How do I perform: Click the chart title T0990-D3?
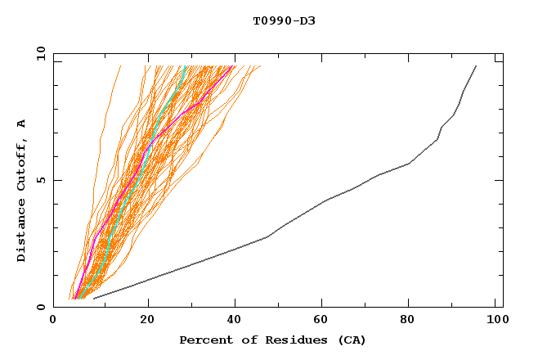tap(284, 20)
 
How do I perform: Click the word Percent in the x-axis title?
tap(204, 340)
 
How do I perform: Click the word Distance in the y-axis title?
tap(21, 230)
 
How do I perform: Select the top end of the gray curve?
tap(476, 66)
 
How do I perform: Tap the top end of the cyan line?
tap(186, 66)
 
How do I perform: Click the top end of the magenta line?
tap(235, 66)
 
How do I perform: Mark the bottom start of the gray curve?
tap(94, 298)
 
